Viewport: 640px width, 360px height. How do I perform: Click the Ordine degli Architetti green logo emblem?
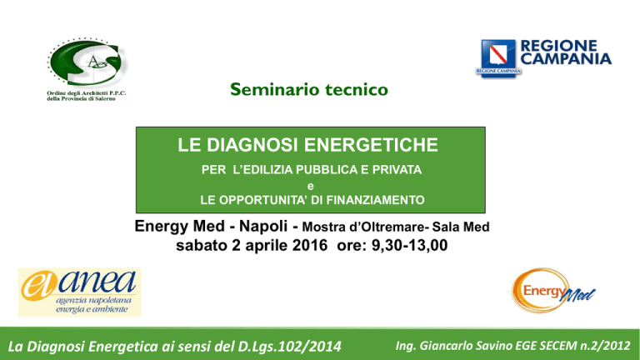[x=87, y=62]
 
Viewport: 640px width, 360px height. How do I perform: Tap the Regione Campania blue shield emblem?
[x=498, y=57]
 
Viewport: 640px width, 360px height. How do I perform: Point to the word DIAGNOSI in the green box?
[x=253, y=145]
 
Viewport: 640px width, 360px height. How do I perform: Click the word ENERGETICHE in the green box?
[x=371, y=145]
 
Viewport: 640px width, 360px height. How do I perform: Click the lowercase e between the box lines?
[x=311, y=187]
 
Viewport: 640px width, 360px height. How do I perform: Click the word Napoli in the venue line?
[x=263, y=226]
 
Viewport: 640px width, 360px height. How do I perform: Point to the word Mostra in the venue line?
[x=322, y=227]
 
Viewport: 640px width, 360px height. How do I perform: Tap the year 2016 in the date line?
[x=310, y=245]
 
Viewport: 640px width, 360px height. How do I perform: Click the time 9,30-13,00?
[x=409, y=246]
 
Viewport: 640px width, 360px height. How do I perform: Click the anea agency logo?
[x=80, y=292]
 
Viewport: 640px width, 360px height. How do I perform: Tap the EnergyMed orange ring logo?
[x=552, y=291]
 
